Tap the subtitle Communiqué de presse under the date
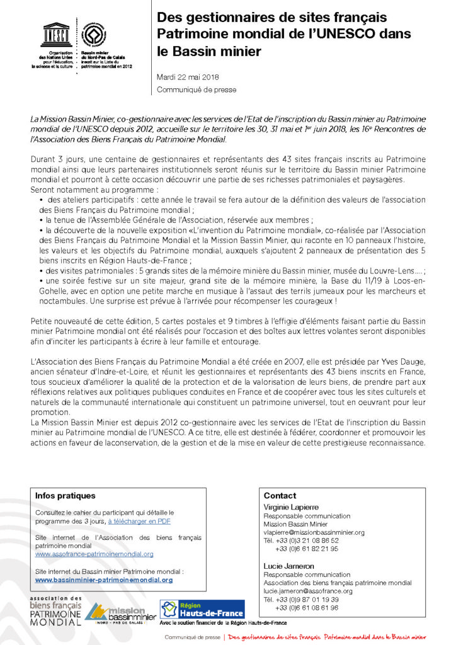(x=197, y=89)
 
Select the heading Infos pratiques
(x=66, y=496)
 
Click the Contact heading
(x=280, y=496)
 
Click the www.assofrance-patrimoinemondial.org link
(x=94, y=554)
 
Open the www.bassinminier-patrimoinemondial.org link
(x=104, y=579)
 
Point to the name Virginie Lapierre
(x=291, y=507)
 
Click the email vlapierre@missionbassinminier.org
(x=314, y=532)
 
